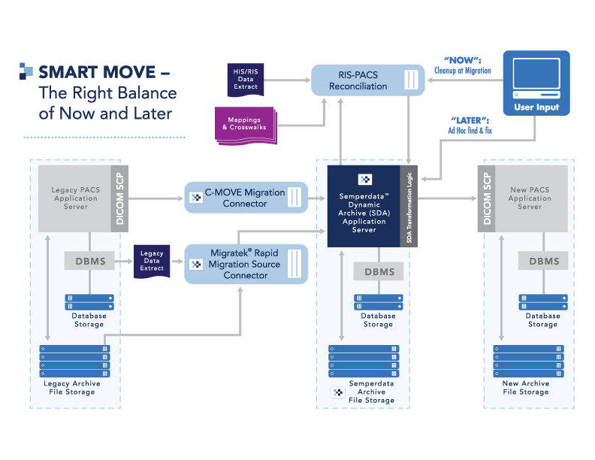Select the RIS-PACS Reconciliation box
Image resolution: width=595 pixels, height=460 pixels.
pos(367,80)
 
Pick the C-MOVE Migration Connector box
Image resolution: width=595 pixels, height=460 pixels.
pos(246,198)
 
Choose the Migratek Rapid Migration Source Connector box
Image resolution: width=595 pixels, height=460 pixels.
pos(246,264)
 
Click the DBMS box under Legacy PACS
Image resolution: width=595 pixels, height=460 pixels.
pos(89,262)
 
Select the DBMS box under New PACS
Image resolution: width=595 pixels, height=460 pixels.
pos(543,262)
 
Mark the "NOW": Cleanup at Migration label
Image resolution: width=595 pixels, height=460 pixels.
pos(462,66)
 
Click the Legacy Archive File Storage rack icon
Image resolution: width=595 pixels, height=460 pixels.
pos(75,361)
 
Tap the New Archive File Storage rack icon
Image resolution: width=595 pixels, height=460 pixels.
pos(527,361)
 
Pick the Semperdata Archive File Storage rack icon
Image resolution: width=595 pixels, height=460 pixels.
pos(364,361)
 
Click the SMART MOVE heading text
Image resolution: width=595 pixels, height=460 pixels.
pos(104,73)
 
